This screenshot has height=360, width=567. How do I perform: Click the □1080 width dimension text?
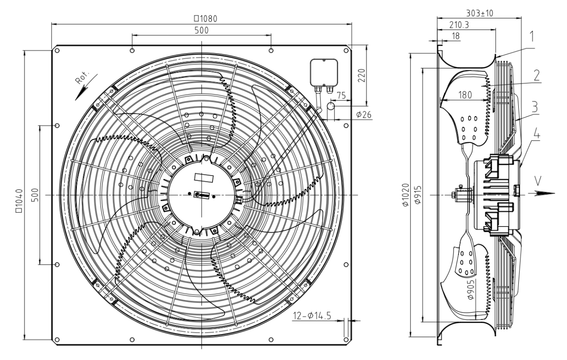(x=205, y=19)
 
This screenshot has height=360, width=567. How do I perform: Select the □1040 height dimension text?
(x=19, y=201)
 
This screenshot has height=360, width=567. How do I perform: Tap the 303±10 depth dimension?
(x=479, y=13)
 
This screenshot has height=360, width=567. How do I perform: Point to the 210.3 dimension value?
(x=459, y=25)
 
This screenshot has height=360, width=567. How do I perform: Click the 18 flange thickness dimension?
(x=456, y=36)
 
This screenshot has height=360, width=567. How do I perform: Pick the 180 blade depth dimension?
(x=465, y=95)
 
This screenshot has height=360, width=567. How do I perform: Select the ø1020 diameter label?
(x=406, y=195)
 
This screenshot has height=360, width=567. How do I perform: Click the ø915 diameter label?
(x=418, y=195)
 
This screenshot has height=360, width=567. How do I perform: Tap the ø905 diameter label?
(x=471, y=289)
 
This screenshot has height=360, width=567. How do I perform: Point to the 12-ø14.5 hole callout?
(x=312, y=316)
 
